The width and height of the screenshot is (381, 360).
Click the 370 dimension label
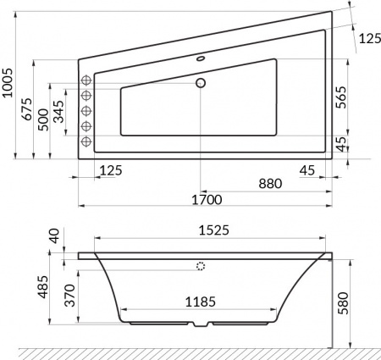[71, 298]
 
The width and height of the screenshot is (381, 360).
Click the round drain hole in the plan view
[202, 83]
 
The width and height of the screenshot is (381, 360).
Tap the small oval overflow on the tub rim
[202, 60]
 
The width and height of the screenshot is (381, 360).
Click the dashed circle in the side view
[201, 266]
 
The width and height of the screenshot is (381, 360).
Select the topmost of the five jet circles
[86, 80]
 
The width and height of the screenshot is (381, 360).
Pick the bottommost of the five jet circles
[86, 143]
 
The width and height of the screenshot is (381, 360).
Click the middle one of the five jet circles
[86, 112]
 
